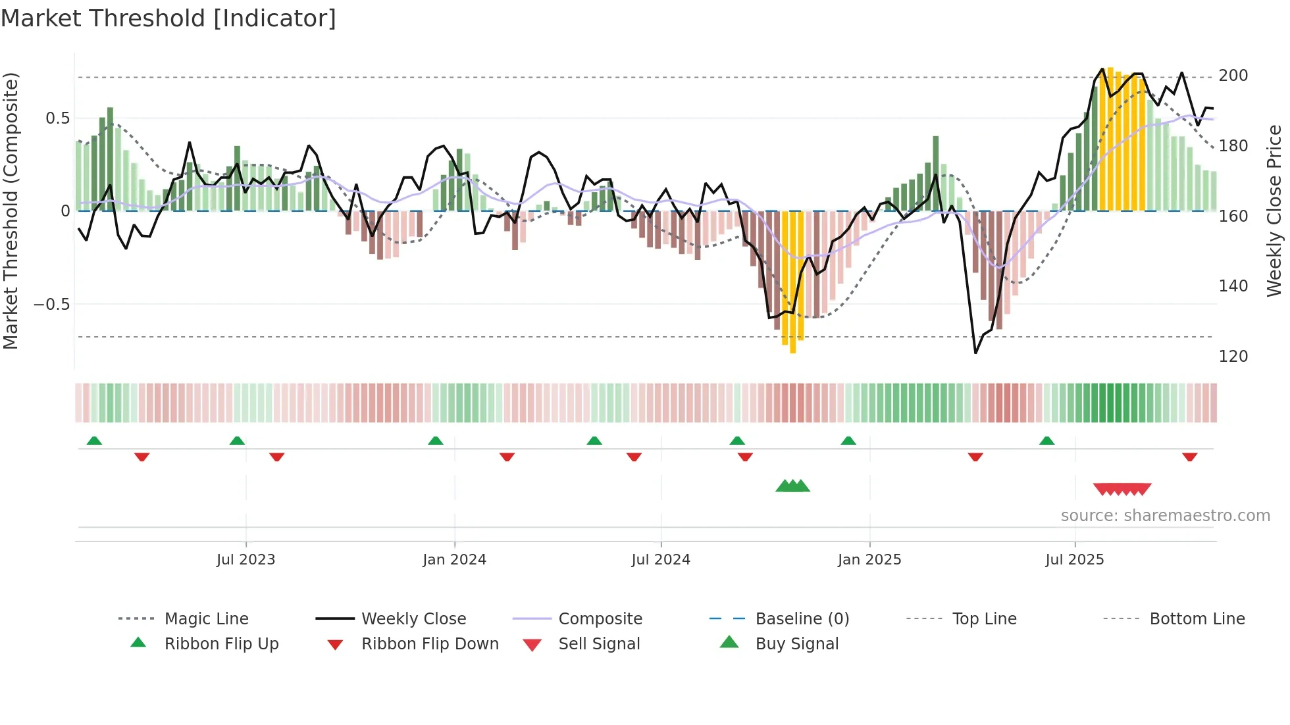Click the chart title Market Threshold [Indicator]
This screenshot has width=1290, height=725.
click(168, 18)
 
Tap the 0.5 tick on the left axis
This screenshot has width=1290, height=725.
click(57, 118)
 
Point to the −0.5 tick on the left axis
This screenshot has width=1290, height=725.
click(52, 305)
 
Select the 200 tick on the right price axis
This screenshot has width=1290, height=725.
click(1233, 76)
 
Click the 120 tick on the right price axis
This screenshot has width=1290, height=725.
click(1233, 357)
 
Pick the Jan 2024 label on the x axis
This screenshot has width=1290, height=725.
click(454, 560)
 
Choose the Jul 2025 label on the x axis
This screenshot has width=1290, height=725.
click(1074, 560)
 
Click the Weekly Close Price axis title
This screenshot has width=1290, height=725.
click(1274, 211)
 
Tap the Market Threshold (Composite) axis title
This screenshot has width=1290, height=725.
click(11, 211)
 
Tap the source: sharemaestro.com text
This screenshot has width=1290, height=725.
click(1165, 516)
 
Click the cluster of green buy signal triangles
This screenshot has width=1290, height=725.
click(792, 487)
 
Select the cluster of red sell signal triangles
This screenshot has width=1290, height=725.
click(1122, 489)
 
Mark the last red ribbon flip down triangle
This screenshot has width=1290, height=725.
click(1189, 457)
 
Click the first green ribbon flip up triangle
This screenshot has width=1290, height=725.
click(94, 441)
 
